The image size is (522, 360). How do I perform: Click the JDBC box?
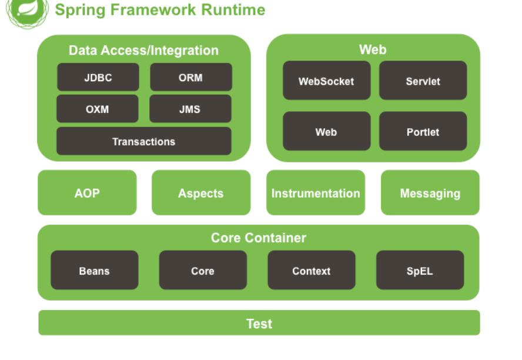[x=98, y=77]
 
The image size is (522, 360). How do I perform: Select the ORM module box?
[x=191, y=77]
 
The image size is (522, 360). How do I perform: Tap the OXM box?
[x=98, y=109]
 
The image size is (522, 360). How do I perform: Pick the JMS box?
[x=190, y=109]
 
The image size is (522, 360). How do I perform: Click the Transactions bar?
[x=144, y=141]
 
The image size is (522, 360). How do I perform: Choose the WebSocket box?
[x=327, y=80]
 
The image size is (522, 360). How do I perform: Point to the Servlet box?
[x=423, y=80]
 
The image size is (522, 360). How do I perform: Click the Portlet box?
[x=423, y=131]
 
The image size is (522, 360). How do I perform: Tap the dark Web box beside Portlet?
[x=327, y=131]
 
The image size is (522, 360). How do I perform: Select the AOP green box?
[x=87, y=192]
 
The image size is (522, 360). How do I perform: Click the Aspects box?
[x=201, y=192]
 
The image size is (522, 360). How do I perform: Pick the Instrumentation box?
[x=316, y=192]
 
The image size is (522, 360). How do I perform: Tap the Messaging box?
[x=430, y=192]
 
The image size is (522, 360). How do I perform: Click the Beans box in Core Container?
[x=95, y=270]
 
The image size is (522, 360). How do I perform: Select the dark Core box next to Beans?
[x=203, y=270]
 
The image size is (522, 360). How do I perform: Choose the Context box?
[x=312, y=270]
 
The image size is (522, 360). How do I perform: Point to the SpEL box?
[x=420, y=270]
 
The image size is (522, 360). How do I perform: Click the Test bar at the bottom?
[x=259, y=323]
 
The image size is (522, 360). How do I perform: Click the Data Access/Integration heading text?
[x=144, y=50]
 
